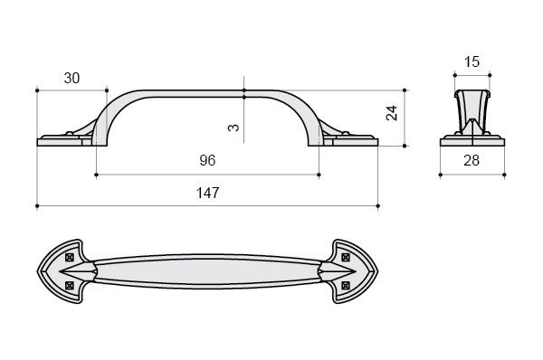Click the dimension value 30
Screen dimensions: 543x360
click(71, 78)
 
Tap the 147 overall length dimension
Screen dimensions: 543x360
click(208, 193)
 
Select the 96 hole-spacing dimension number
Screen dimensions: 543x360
click(207, 160)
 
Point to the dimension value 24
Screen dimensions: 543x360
click(392, 113)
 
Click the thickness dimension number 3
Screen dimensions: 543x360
click(233, 128)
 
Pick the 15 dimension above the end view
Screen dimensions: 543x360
click(472, 62)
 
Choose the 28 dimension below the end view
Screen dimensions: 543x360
click(472, 161)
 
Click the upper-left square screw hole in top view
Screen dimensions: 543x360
click(70, 257)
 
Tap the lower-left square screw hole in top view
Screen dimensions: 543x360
click(70, 285)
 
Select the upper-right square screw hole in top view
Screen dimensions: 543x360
click(346, 257)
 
